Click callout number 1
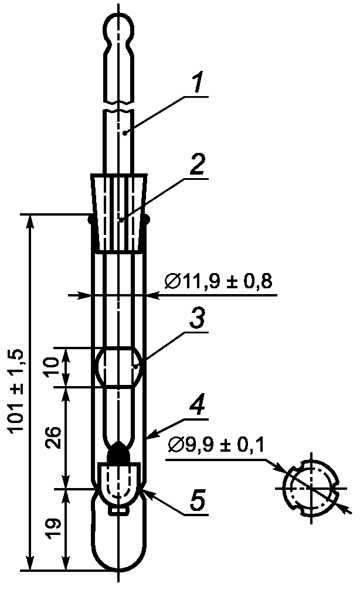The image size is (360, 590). pyautogui.click(x=198, y=82)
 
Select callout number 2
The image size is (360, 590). pyautogui.click(x=198, y=164)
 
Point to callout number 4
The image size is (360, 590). pyautogui.click(x=197, y=404)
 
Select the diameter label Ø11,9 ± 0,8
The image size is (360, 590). pyautogui.click(x=218, y=281)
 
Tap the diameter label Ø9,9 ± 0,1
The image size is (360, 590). pyautogui.click(x=216, y=445)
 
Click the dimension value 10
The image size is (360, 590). pyautogui.click(x=53, y=367)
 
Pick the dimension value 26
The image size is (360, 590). pyautogui.click(x=53, y=438)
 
